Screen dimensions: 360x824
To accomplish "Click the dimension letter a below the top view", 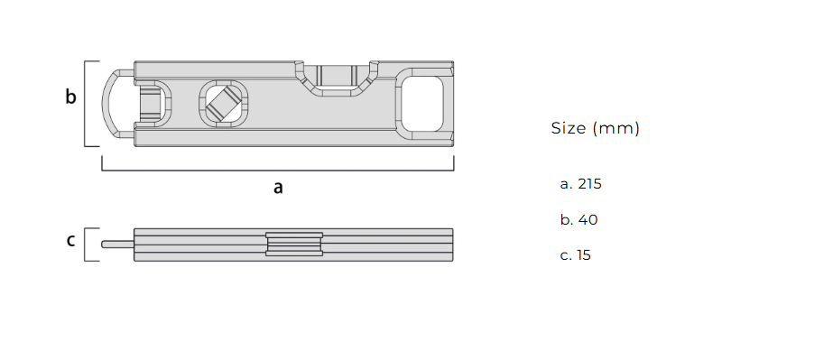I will point(278,188).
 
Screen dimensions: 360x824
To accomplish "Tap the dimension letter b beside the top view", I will point(70,97).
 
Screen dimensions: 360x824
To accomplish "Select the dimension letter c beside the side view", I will point(70,241).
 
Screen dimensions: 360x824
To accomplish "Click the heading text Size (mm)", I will point(595,128).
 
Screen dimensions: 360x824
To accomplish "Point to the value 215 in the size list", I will point(589,183).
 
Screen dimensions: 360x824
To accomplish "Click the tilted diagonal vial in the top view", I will point(222,104).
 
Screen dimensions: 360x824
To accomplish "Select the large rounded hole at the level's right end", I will point(422,103).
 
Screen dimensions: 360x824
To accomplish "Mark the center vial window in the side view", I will point(294,244).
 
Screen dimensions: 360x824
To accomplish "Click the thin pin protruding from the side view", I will point(117,244).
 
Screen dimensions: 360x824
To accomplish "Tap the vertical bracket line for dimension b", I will point(86,103).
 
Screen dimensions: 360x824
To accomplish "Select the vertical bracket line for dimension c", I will point(86,244).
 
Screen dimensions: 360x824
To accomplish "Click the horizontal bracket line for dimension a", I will point(278,169).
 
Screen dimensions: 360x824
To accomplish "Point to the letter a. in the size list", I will point(566,183).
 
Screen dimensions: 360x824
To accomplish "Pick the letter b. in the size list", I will point(566,219).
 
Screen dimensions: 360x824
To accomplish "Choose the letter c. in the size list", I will point(565,255).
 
